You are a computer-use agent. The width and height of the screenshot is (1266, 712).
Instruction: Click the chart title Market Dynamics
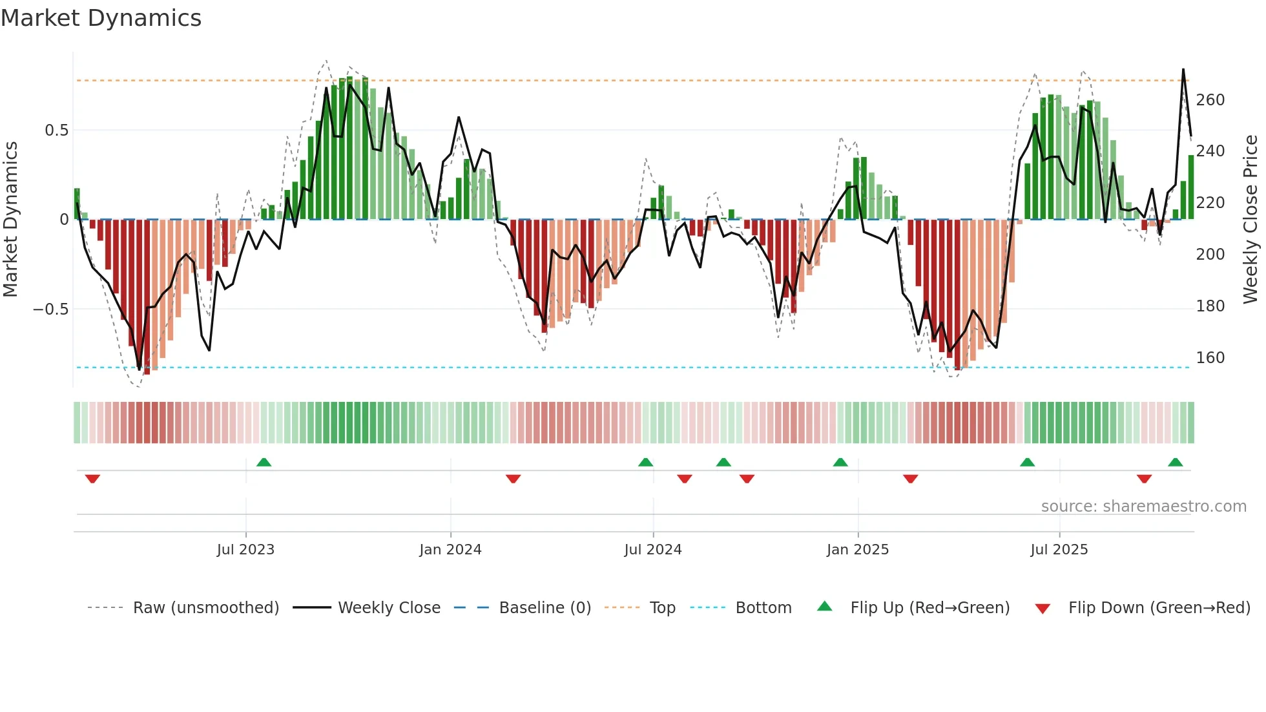[101, 18]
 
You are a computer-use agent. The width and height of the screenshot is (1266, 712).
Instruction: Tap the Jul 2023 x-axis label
[245, 550]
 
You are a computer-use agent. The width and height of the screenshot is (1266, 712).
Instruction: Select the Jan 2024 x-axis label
[450, 550]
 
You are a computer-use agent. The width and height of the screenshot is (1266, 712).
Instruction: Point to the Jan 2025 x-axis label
[858, 550]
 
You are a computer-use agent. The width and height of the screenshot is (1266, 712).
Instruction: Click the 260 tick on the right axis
[1210, 100]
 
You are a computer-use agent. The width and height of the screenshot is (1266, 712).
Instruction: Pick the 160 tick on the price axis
[1210, 358]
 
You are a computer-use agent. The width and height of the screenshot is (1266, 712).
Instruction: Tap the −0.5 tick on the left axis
[50, 309]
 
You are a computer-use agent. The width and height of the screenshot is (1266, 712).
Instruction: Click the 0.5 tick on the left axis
[56, 131]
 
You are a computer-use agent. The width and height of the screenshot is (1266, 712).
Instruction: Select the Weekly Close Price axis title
[1250, 220]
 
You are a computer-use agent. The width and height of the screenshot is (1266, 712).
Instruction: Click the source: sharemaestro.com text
[1143, 507]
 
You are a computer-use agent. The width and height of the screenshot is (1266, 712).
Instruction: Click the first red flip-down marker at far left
[92, 479]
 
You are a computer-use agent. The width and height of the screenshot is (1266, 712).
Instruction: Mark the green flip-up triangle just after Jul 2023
[264, 462]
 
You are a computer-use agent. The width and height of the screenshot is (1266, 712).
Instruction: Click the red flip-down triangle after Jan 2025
[910, 479]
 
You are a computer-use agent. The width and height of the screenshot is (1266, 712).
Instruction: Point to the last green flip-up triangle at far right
[1175, 462]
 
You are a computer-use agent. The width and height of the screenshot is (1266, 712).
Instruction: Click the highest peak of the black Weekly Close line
[1183, 69]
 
